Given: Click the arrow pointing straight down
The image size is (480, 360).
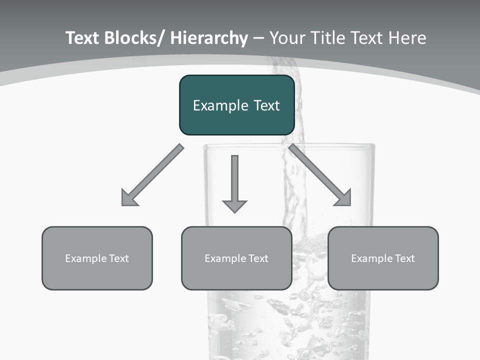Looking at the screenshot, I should (x=234, y=182).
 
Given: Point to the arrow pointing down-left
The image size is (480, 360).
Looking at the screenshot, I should (x=152, y=175).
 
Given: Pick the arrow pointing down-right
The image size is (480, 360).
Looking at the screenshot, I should (x=320, y=175).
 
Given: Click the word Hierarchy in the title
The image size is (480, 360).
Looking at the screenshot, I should (x=209, y=38).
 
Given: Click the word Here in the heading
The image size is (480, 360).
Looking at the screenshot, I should (x=407, y=38).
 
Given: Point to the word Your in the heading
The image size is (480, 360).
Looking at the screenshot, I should (x=287, y=38).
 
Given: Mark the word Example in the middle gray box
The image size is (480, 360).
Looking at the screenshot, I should (x=225, y=258).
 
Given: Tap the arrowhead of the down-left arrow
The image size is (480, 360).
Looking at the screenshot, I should (x=129, y=198).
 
